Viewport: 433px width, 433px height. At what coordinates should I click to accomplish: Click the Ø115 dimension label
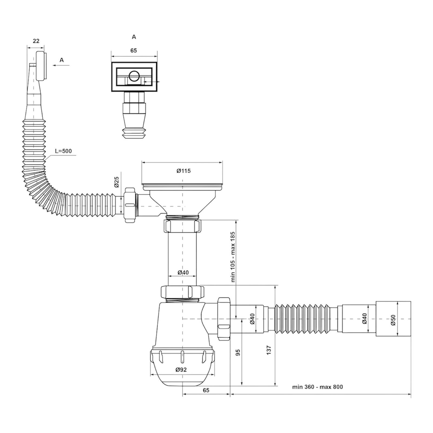click(183, 171)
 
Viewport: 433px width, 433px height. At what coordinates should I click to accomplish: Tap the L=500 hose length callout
click(64, 151)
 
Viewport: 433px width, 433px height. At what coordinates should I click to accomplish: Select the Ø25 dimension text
click(116, 182)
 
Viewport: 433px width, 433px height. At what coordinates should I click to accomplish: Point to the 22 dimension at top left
click(36, 41)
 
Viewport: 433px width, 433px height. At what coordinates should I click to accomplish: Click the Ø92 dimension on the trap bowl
click(181, 370)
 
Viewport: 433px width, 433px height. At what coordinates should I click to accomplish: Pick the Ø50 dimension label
click(393, 320)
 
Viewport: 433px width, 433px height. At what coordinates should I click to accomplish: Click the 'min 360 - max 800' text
click(317, 387)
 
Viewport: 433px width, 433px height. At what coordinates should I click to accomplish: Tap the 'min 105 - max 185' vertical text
click(233, 257)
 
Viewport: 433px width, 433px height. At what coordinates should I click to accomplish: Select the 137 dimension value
click(269, 350)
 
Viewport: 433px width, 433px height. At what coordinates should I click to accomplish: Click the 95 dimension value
click(238, 353)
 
